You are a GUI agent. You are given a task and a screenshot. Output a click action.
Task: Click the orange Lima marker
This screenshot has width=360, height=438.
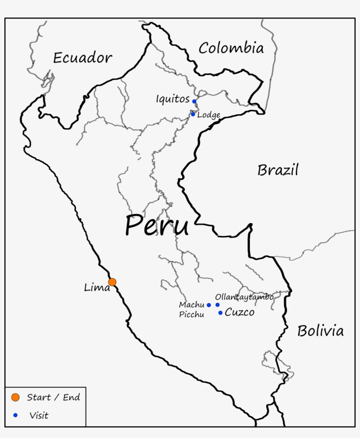click(112, 282)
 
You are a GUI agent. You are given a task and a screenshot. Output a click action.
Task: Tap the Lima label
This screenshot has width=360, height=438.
click(97, 288)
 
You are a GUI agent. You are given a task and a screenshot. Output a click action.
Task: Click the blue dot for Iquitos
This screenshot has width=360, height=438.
click(194, 101)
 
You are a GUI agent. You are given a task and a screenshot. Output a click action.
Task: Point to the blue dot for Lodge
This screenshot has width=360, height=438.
click(193, 114)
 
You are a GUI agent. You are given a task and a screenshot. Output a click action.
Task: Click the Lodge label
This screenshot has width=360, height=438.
click(209, 115)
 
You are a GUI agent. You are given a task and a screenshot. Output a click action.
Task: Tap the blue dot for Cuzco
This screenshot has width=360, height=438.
click(220, 313)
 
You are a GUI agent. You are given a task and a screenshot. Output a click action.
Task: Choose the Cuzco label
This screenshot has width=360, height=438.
click(239, 312)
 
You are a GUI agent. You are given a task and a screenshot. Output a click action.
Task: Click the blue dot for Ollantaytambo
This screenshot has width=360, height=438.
click(217, 305)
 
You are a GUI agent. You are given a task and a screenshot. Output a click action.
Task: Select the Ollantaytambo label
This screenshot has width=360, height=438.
click(244, 297)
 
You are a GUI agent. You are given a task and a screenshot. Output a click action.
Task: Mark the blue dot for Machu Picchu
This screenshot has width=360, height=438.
click(209, 305)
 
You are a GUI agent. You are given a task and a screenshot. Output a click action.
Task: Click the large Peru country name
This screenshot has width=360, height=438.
click(157, 226)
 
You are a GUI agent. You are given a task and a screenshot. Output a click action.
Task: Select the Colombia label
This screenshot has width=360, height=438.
click(231, 48)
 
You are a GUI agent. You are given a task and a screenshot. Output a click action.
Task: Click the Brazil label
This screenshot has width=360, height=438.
click(278, 170)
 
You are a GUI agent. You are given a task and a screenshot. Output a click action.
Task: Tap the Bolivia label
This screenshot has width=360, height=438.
click(320, 331)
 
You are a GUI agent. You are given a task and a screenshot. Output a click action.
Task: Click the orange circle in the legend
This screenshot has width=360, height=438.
click(16, 398)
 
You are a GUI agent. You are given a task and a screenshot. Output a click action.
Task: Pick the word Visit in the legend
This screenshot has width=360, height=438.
click(39, 415)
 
